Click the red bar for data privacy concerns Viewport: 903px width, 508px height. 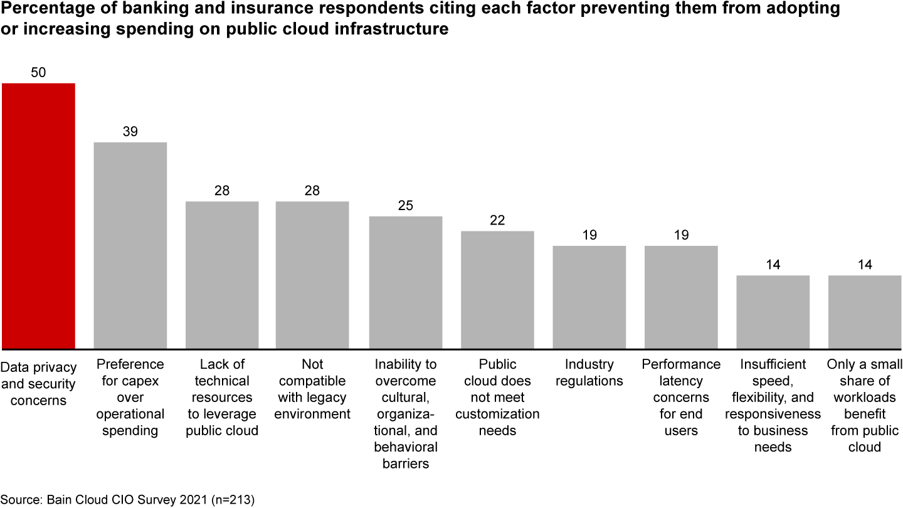[38, 216]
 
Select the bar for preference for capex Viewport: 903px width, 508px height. [130, 245]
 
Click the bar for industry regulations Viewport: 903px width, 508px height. [589, 297]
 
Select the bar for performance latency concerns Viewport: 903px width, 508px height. [681, 297]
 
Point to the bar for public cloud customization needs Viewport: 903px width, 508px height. [497, 290]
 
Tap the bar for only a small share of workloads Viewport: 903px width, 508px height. [865, 312]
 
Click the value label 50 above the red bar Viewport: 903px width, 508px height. [38, 73]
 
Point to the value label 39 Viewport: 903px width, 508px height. [130, 132]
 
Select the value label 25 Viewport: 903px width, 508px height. [406, 206]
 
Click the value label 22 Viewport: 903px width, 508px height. [497, 221]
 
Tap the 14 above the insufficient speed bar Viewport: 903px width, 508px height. [773, 265]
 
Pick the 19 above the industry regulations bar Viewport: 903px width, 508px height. [589, 235]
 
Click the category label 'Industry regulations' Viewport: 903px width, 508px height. [589, 373]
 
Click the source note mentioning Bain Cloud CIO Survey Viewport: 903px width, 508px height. [128, 499]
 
